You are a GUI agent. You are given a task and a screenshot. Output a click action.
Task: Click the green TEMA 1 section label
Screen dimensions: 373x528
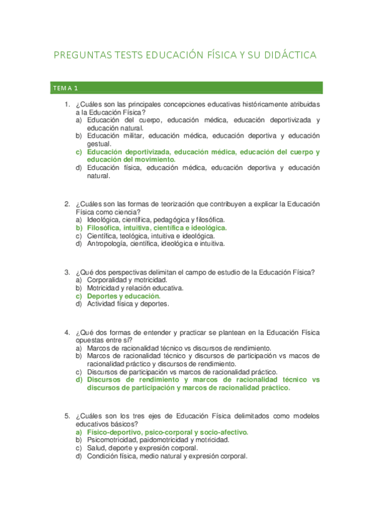[65, 87]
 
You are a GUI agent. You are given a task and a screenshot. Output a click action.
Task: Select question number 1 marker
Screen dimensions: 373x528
[67, 105]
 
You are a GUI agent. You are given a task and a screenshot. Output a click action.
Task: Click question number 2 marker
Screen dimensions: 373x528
[67, 204]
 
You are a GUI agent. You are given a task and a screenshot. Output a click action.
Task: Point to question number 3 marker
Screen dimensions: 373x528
[67, 272]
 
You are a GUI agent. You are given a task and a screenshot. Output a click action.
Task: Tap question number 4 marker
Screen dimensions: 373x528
[67, 332]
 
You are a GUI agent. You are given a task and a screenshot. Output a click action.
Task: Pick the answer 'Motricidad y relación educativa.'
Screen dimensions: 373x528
[135, 288]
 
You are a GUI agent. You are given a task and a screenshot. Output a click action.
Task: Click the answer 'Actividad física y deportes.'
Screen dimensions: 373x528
[128, 304]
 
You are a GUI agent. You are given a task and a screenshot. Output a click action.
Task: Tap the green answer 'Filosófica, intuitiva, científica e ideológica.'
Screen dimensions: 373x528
[157, 228]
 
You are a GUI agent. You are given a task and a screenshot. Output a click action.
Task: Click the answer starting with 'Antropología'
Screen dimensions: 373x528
[156, 244]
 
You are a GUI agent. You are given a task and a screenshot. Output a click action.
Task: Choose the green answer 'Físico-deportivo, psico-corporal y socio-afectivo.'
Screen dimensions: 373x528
[168, 432]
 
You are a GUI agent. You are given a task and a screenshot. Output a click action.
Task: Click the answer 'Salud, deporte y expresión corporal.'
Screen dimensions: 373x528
[143, 448]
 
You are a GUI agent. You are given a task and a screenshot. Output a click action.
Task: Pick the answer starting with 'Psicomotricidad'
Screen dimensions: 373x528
[158, 440]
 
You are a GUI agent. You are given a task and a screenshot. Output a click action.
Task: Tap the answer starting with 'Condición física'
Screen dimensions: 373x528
[168, 456]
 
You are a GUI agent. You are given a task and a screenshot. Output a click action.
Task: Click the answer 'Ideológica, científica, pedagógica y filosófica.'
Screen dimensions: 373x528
[156, 220]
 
